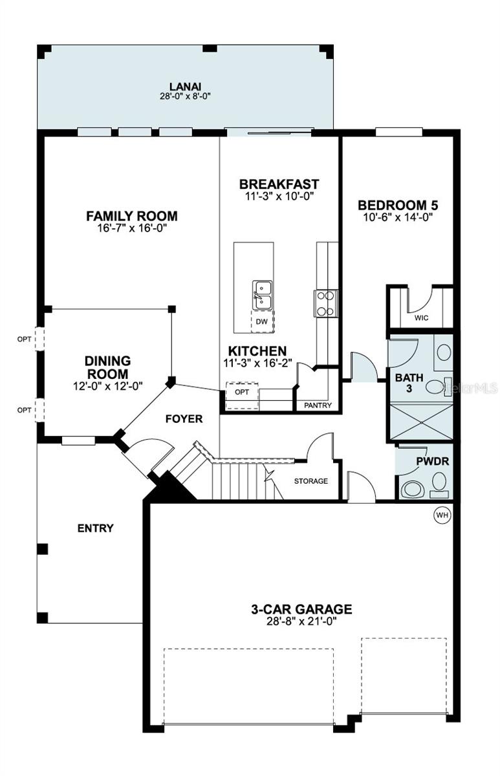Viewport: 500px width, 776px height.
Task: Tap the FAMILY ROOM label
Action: coord(132,216)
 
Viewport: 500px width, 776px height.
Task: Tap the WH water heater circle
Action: coord(442,515)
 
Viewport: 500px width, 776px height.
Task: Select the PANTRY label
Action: coord(318,405)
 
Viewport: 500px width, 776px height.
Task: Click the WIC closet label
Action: coord(421,318)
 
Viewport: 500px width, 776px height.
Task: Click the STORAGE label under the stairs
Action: coord(311,481)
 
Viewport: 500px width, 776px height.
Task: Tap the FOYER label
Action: coord(184,419)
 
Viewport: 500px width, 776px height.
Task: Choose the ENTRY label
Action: coord(96,528)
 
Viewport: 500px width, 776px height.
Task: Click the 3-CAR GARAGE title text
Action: coord(301,609)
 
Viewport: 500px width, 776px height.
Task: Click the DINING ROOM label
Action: coord(107,367)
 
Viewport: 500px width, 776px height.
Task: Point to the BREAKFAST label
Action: coord(279,184)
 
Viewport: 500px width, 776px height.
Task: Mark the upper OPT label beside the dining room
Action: coord(24,338)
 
